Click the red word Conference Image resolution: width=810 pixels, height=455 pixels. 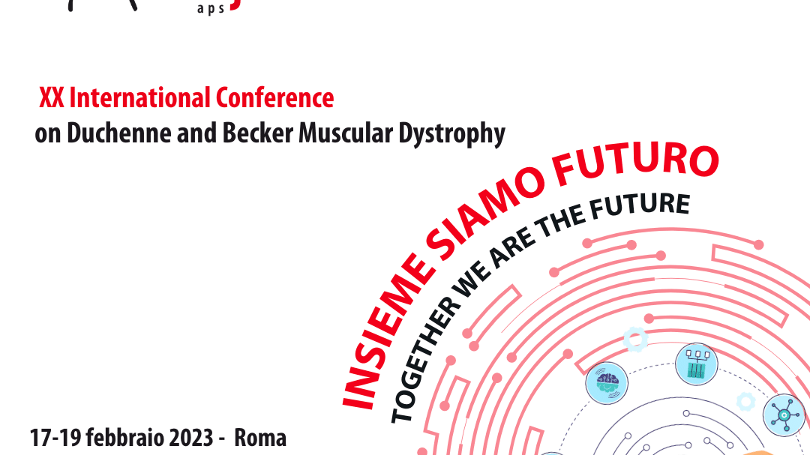[x=274, y=97]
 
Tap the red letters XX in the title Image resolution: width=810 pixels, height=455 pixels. [x=52, y=97]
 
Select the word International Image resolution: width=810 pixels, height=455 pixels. [x=140, y=97]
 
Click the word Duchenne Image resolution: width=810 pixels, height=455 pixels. [x=120, y=133]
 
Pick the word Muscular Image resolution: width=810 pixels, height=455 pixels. [x=346, y=133]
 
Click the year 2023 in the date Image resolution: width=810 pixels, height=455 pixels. [x=191, y=438]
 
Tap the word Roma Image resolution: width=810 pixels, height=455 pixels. [x=260, y=438]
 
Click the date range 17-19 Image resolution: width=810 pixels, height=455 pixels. [x=55, y=438]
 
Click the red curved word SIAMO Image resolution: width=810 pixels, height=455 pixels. [x=483, y=214]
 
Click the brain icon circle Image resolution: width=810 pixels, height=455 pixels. [x=607, y=383]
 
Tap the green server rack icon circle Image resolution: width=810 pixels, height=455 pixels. [x=696, y=364]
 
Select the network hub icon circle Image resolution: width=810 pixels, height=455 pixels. [x=784, y=415]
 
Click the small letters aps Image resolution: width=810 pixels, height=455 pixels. [x=211, y=9]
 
